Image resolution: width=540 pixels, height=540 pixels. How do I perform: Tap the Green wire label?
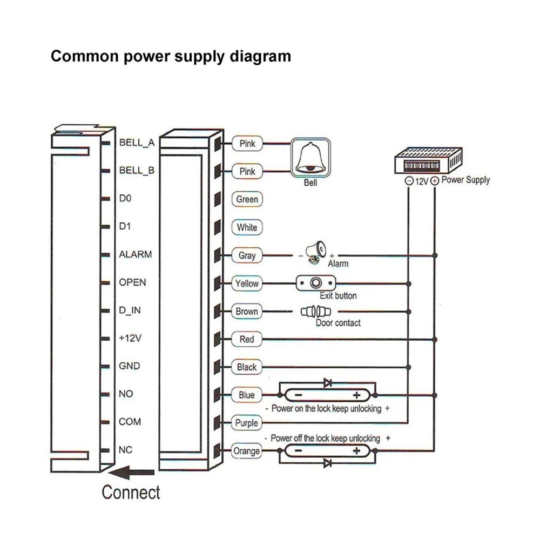247,199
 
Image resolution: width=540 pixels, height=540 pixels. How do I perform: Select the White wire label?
247,227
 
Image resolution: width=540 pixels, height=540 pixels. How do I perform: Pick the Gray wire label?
247,255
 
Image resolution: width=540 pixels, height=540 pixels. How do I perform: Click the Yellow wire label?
247,283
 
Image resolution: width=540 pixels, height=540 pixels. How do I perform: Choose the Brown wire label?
247,312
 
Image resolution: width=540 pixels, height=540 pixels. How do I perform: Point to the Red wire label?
247,340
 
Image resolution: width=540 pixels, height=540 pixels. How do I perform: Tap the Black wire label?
247,367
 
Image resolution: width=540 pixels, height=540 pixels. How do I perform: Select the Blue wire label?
247,395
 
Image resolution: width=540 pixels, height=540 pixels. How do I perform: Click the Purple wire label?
247,423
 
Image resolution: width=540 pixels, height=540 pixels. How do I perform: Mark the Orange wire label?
247,451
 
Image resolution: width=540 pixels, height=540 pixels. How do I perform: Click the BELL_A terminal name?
137,143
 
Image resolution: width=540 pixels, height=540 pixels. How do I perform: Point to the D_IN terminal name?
129,310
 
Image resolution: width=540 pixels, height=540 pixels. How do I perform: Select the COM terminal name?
130,422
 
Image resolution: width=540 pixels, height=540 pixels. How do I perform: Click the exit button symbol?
316,283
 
